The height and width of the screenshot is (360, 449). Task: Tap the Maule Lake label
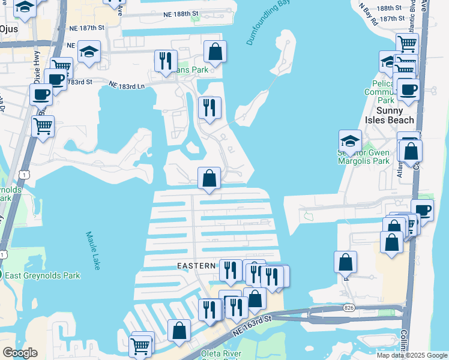pyautogui.click(x=92, y=251)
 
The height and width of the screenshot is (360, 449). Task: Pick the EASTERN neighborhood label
pyautogui.click(x=196, y=265)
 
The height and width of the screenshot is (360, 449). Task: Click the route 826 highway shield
pyautogui.click(x=349, y=307)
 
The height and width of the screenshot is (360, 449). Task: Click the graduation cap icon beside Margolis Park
pyautogui.click(x=350, y=141)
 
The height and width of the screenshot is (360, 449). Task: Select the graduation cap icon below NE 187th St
pyautogui.click(x=89, y=52)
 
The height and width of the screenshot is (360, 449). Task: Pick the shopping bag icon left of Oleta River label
pyautogui.click(x=179, y=330)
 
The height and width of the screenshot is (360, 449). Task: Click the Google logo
pyautogui.click(x=20, y=353)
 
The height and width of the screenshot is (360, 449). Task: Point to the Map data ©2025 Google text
pyautogui.click(x=411, y=355)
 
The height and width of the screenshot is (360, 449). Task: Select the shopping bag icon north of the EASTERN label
pyautogui.click(x=209, y=178)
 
